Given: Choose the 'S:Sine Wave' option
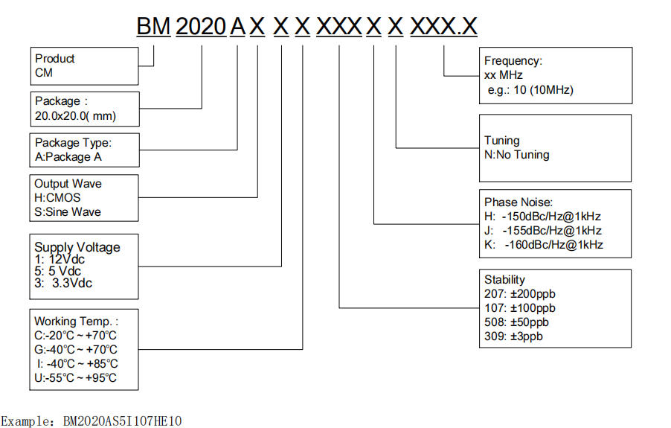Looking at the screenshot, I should click(68, 212).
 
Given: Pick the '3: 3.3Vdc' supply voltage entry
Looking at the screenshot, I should click(64, 283).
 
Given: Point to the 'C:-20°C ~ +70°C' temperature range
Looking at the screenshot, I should click(75, 335).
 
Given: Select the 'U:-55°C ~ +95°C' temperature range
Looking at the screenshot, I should click(75, 377).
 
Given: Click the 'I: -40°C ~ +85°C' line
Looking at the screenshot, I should click(77, 363).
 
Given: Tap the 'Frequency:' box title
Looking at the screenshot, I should click(513, 61).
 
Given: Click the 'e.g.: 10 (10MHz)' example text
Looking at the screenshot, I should click(529, 90).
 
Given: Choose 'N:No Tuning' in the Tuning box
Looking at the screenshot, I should click(517, 155).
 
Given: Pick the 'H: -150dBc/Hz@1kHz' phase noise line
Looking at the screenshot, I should click(542, 217).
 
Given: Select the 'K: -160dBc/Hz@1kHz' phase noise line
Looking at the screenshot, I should click(543, 244).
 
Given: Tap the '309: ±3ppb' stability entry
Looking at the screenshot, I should click(513, 336).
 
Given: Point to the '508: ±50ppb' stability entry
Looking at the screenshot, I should click(516, 322).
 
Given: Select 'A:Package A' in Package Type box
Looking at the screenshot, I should click(68, 156).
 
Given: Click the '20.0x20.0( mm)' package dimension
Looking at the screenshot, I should click(76, 115).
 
